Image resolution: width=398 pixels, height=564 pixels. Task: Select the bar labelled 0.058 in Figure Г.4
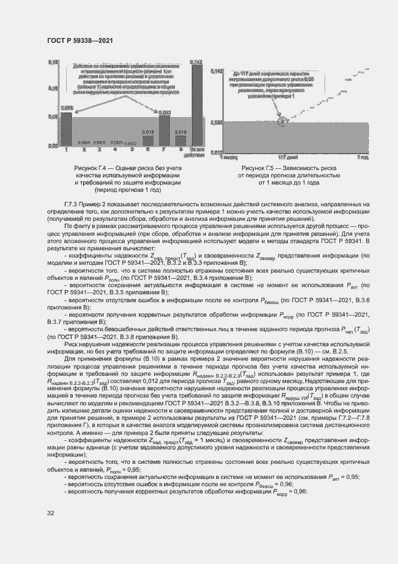(x=67, y=128)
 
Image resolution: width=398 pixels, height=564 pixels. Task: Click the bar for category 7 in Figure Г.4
(x=164, y=131)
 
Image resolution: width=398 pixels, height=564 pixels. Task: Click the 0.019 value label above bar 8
(x=179, y=131)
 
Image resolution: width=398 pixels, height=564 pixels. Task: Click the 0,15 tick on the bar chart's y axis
(x=52, y=62)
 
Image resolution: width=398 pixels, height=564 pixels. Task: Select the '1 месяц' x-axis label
(x=229, y=157)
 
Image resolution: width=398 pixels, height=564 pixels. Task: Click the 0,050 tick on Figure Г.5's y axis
(x=217, y=122)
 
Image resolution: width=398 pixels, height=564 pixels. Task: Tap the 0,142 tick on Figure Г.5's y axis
(x=217, y=71)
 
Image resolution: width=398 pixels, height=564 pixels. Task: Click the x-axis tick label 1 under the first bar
(x=67, y=148)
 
